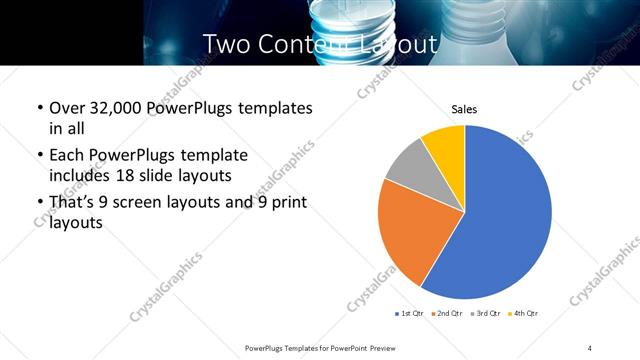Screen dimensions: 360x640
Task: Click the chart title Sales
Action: coord(464,109)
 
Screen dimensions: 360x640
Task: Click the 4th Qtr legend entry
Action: coord(524,314)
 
